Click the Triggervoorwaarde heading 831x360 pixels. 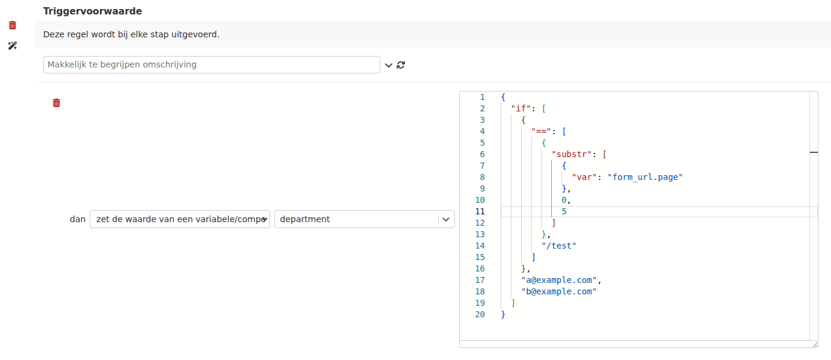coord(93,11)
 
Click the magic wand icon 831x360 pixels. coord(12,46)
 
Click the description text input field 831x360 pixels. coord(211,64)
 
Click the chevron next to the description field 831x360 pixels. coord(388,66)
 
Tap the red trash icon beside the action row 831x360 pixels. coord(57,103)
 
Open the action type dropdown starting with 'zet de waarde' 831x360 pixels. coord(180,219)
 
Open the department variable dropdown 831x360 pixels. coord(364,219)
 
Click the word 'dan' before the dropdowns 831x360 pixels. coord(78,219)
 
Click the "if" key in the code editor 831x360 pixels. coord(521,108)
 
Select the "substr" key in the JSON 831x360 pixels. coord(571,154)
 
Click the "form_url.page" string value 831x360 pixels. coord(645,177)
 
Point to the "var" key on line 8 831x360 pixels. coord(584,177)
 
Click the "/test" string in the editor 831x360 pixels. coord(558,246)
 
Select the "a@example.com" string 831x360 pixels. coord(559,280)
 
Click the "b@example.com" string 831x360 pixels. coord(559,292)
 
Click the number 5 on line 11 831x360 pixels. coord(564,211)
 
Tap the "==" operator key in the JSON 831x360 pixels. coord(541,131)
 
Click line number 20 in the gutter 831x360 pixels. coord(480,314)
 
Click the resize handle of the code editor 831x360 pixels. coord(815,344)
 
